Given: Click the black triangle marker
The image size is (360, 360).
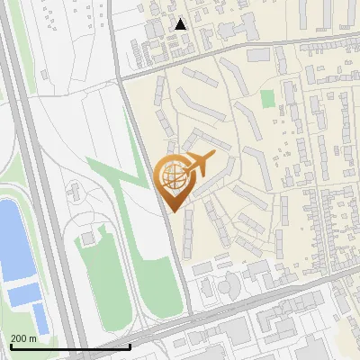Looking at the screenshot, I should coord(181,24).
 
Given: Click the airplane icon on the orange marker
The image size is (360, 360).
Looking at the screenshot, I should coord(199,164).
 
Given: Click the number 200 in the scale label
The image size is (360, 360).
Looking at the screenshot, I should coord(19,338).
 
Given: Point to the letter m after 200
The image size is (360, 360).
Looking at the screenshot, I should coord(32,338).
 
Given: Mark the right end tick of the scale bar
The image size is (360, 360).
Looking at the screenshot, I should coord(130,346).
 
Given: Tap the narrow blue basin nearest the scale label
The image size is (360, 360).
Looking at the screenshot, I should coord(40,317).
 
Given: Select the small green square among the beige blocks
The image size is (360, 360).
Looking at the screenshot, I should coord(267,97).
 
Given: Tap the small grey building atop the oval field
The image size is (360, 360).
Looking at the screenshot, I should coord(87,238).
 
